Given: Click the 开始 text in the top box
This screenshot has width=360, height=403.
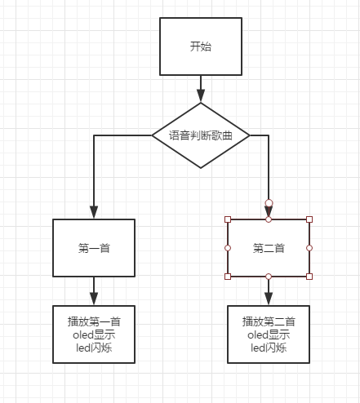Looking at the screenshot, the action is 201,46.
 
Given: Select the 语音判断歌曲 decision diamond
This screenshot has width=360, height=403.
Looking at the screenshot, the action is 201,135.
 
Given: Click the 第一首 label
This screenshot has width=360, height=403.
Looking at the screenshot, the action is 94,248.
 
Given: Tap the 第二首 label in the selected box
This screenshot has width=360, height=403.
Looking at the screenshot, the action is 269,248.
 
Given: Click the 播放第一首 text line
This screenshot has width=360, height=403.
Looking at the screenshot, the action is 94,321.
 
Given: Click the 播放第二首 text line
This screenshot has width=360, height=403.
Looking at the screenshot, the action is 269,321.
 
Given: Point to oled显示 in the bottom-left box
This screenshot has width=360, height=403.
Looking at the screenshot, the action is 94,334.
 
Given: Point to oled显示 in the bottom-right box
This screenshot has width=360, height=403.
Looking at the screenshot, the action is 269,334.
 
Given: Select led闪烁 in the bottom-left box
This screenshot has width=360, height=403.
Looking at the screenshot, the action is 94,348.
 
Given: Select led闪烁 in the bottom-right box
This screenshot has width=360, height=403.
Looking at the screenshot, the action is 269,348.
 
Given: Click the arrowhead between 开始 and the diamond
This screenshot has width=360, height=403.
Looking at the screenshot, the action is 201,95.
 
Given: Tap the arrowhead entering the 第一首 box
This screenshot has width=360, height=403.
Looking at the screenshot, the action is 94,212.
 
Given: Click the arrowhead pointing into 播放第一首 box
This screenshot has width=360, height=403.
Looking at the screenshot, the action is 94,299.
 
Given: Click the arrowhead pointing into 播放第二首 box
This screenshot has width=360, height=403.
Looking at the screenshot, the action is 269,299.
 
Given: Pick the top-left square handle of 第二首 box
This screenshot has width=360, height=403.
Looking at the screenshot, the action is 228,219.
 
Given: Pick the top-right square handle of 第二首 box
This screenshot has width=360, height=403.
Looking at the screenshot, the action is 309,219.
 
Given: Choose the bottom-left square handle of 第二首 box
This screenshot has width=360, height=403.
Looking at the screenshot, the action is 228,277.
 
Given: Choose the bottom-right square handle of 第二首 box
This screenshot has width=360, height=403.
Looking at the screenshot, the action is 309,277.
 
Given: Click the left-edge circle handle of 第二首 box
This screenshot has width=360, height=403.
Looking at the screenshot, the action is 228,248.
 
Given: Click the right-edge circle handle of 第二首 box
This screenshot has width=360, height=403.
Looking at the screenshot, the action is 309,248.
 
